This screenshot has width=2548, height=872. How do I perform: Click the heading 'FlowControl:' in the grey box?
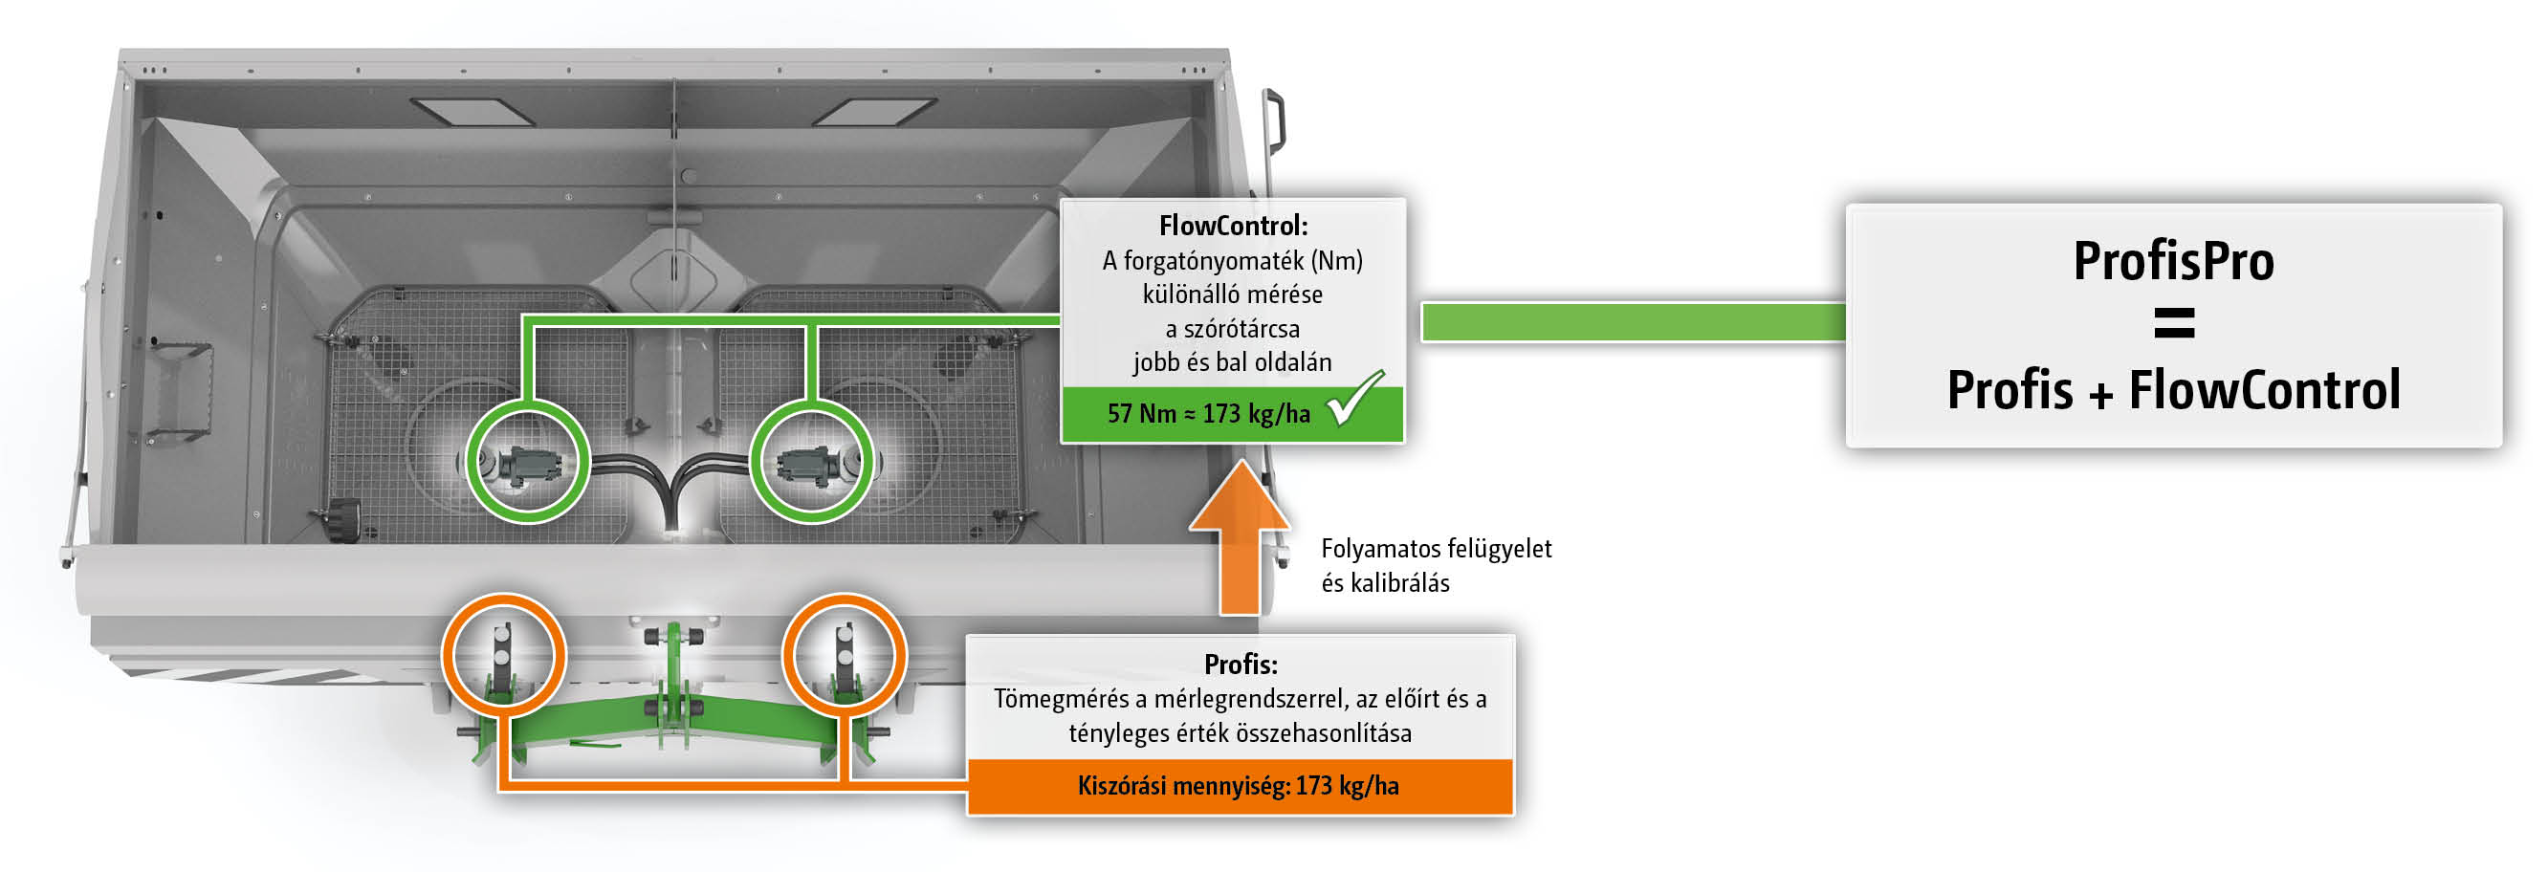pos(1233,227)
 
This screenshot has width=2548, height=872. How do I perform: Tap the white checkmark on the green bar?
pos(1354,400)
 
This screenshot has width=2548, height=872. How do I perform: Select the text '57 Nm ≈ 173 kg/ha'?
pos(1208,414)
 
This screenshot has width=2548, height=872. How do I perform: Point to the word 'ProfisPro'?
pos(2173,262)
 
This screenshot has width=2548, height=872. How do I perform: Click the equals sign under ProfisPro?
pos(2173,323)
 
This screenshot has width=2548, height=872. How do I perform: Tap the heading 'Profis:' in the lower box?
pos(1240,665)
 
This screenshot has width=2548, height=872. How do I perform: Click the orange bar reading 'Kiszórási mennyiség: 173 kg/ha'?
pos(1239,787)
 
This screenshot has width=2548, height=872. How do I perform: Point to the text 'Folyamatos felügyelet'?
pos(1436,549)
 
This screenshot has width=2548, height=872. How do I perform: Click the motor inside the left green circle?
pos(527,464)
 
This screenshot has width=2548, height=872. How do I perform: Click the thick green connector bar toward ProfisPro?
pos(1632,322)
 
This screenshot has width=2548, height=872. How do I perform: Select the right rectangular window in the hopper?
pos(874,112)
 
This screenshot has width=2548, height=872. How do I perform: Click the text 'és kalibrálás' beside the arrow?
pos(1385,583)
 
